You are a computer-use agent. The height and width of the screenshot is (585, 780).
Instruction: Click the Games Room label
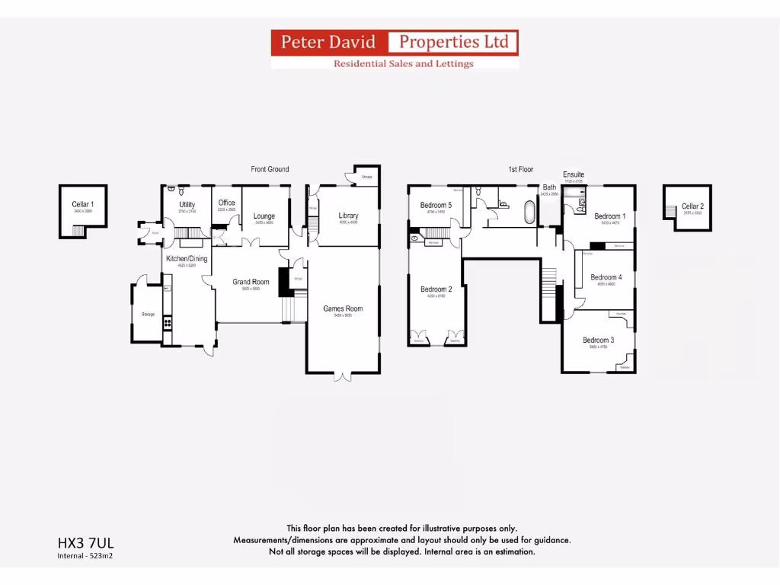(343, 308)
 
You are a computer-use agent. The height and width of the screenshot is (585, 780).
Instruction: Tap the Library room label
(348, 216)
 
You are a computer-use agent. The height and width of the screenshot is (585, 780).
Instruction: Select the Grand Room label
(251, 282)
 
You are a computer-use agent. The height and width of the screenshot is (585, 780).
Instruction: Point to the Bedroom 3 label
(598, 340)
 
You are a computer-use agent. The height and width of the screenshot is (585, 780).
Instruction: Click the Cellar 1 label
(82, 204)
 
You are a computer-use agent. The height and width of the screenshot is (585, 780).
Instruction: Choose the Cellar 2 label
(692, 206)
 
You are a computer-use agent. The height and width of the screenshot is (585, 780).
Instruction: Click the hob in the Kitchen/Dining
(167, 323)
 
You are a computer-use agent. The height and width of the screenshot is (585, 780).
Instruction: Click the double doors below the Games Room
(343, 376)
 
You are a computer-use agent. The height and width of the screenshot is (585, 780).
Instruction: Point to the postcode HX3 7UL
(85, 543)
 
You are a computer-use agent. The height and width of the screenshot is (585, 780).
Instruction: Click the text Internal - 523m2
(85, 556)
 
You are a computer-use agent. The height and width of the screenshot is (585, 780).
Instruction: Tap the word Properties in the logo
(454, 42)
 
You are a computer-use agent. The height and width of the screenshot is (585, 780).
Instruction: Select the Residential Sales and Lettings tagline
(403, 63)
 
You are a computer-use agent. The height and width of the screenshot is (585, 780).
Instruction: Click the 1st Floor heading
(521, 169)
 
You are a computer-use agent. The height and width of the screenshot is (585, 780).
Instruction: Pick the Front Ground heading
(270, 169)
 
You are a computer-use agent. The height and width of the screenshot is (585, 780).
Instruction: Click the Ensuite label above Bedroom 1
(574, 175)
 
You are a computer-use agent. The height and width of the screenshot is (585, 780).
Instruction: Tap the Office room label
(226, 203)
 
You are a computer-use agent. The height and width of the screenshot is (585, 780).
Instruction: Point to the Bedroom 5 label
(436, 205)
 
